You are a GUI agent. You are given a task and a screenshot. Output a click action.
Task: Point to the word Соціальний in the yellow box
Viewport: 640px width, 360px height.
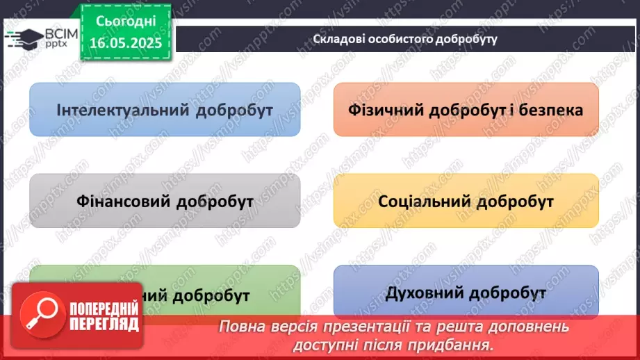click(x=423, y=202)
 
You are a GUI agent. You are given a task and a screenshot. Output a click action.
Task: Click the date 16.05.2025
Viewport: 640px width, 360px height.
click(x=125, y=42)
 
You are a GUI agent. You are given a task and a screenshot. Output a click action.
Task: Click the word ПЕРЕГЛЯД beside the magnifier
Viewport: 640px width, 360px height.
click(x=104, y=324)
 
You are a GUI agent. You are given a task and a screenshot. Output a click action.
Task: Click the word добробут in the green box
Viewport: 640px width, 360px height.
click(x=211, y=296)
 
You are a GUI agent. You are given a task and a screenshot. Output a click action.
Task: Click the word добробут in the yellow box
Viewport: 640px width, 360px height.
click(x=515, y=202)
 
